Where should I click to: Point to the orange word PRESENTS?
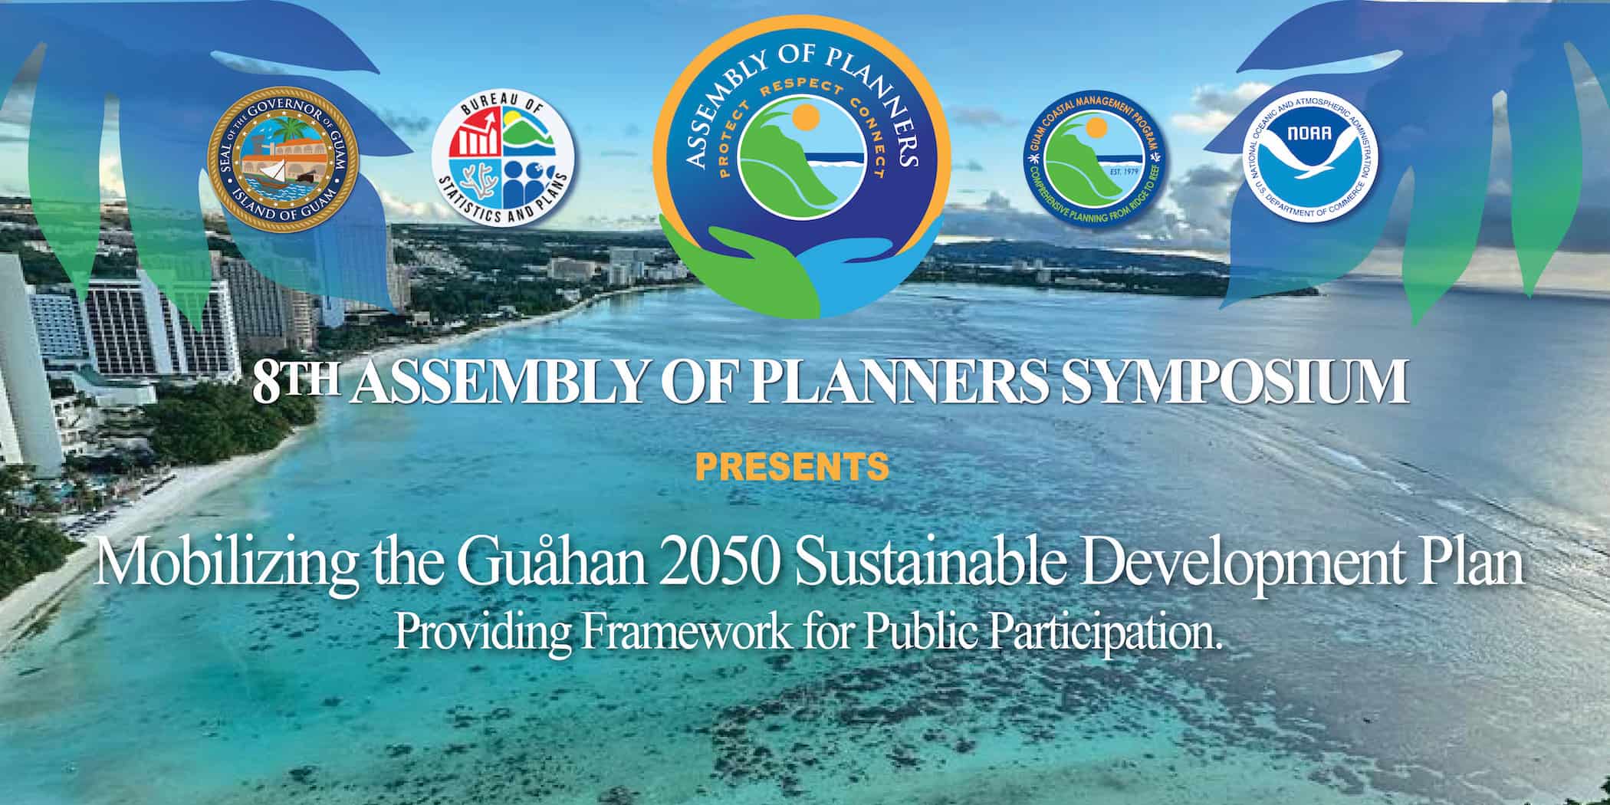(x=793, y=467)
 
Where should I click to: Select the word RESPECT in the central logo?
(x=801, y=93)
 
